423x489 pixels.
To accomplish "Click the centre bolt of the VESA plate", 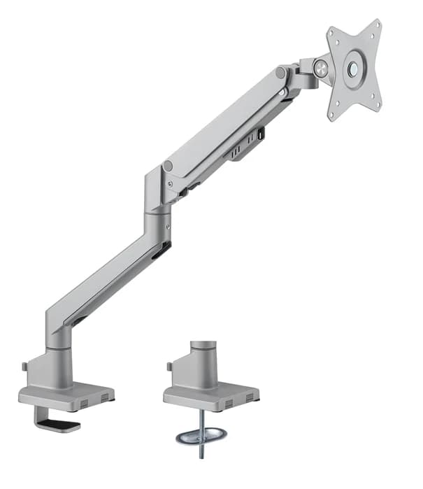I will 355,69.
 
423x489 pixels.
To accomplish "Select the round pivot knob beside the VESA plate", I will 322,67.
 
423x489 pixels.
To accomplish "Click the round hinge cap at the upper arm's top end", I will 280,73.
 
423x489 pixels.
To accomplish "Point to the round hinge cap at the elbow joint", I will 168,166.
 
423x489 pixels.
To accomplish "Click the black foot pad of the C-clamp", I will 62,425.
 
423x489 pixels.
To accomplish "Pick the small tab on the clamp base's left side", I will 24,366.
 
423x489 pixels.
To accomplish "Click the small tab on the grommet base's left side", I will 169,366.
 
